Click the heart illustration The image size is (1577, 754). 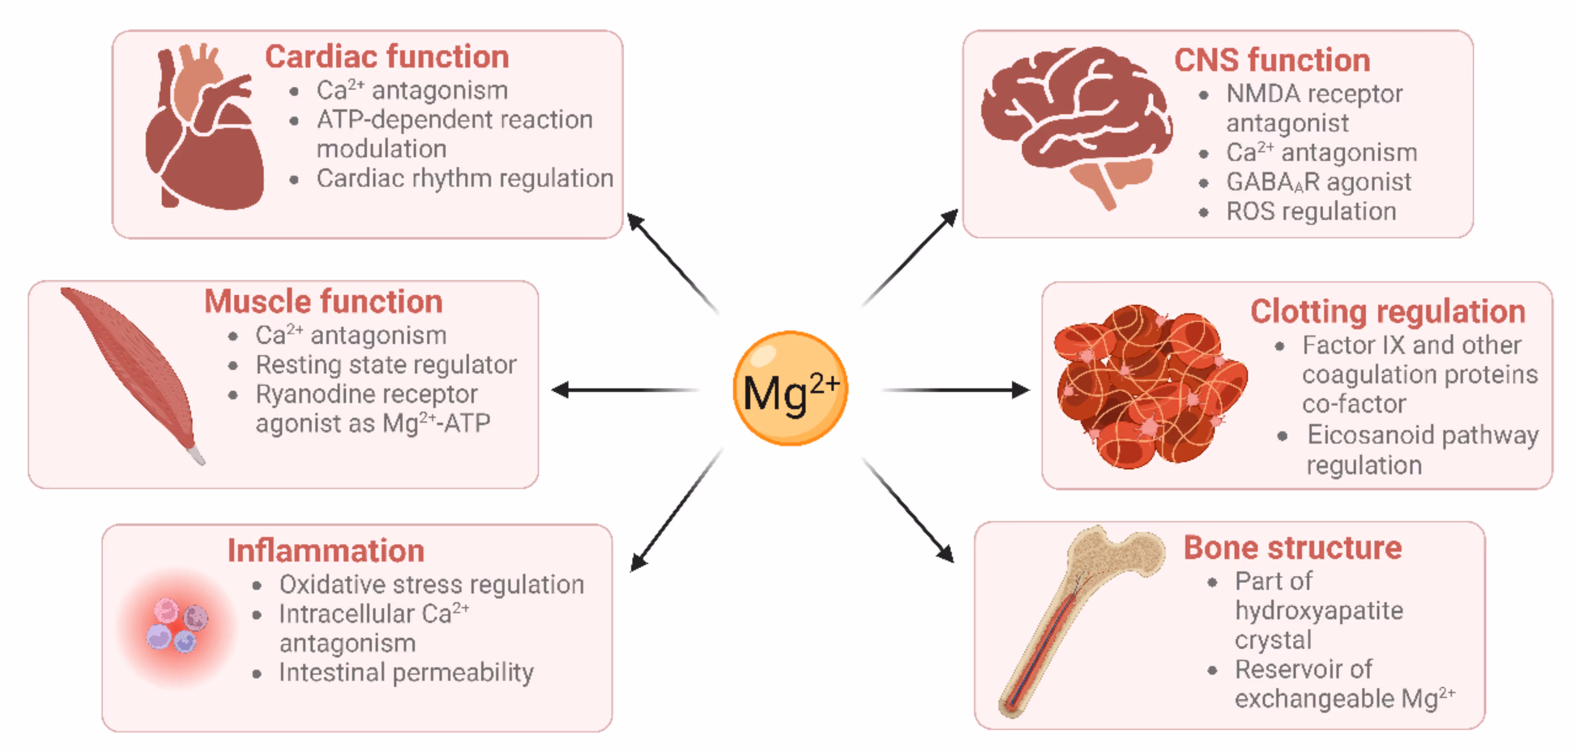point(205,132)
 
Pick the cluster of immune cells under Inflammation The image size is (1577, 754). point(176,626)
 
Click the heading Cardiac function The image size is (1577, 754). point(387,57)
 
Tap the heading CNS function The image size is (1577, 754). point(1272,60)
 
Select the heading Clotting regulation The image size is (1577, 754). point(1387,312)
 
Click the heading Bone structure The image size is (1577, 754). point(1292,547)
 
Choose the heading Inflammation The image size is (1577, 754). point(326,550)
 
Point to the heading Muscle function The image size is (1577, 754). point(323,301)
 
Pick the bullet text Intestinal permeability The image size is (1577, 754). point(406,672)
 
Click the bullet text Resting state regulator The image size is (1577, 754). point(386,365)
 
